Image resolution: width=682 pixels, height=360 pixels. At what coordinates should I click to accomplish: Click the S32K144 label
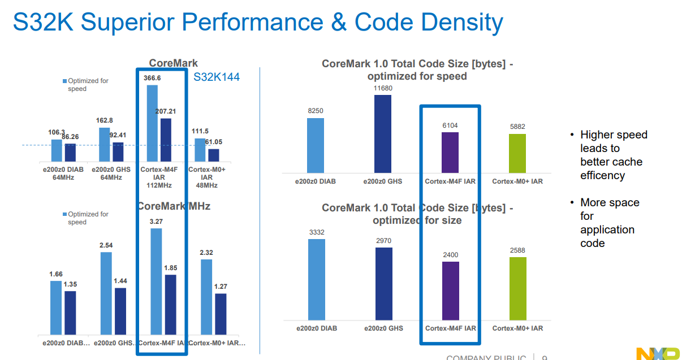tap(217, 77)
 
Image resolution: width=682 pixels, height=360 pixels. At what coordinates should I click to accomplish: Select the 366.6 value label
tap(152, 78)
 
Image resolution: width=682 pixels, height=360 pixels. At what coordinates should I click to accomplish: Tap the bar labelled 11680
tap(383, 133)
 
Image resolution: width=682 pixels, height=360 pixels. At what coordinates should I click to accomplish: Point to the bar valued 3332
tap(317, 279)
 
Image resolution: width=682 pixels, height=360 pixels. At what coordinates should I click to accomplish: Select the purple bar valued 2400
tap(450, 290)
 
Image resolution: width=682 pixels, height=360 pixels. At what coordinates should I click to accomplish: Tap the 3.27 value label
tap(156, 222)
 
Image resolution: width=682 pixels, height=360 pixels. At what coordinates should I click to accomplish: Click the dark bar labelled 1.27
tap(221, 314)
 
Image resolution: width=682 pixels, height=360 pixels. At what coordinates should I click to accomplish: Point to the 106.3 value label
tap(57, 132)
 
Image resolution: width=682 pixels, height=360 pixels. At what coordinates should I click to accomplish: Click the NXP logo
tap(658, 354)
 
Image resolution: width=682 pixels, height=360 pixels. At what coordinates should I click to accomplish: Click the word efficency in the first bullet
tap(602, 176)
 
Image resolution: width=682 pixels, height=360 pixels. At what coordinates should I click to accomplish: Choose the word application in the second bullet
tap(607, 230)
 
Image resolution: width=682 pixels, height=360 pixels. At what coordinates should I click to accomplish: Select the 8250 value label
tap(316, 111)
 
